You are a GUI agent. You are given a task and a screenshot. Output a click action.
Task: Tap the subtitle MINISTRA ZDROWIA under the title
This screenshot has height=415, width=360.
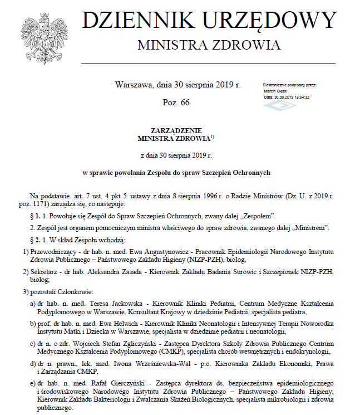[x=209, y=45]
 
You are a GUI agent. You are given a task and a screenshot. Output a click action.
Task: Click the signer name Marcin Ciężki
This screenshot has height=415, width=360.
[x=277, y=91]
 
